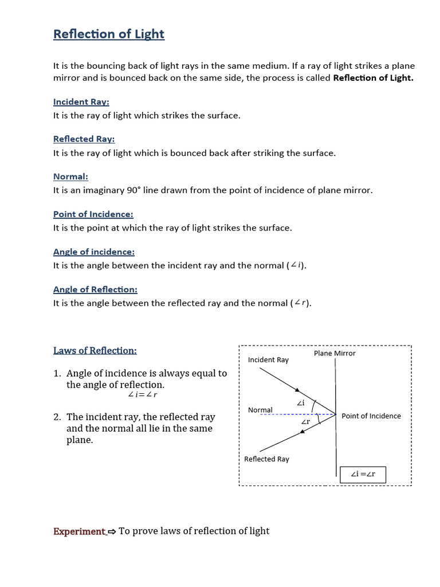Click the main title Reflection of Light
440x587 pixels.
(x=109, y=34)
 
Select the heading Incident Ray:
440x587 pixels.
(x=81, y=102)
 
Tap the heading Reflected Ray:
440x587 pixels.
(x=84, y=139)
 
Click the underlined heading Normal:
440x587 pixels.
(x=70, y=177)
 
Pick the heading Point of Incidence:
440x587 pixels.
(x=93, y=214)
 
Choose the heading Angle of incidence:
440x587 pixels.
(x=93, y=252)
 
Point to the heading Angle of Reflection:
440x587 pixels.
(x=95, y=289)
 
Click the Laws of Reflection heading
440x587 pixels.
(x=95, y=350)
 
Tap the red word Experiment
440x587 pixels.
(x=79, y=531)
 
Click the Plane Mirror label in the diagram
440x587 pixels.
(x=335, y=353)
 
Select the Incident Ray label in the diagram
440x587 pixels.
(x=268, y=360)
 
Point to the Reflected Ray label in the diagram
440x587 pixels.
(x=266, y=459)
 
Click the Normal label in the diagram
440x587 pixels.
(x=260, y=410)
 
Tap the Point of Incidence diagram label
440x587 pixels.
(x=371, y=416)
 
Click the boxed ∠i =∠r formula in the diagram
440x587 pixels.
(x=363, y=475)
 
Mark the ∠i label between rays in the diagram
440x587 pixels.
(x=301, y=404)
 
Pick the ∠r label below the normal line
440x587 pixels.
(x=305, y=422)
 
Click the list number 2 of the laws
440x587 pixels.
(x=57, y=417)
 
